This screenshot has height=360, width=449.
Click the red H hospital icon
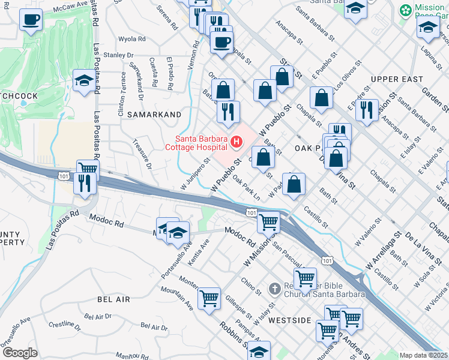click(237, 142)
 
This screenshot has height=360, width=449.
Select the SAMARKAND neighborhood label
click(150, 114)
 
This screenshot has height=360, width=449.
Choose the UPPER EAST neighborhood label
click(397, 79)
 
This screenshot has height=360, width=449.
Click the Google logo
click(20, 353)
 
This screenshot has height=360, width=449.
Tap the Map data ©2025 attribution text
click(423, 355)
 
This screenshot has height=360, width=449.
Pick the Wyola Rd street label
click(132, 39)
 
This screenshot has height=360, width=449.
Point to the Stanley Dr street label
click(118, 55)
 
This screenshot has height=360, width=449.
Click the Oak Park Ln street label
click(246, 188)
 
